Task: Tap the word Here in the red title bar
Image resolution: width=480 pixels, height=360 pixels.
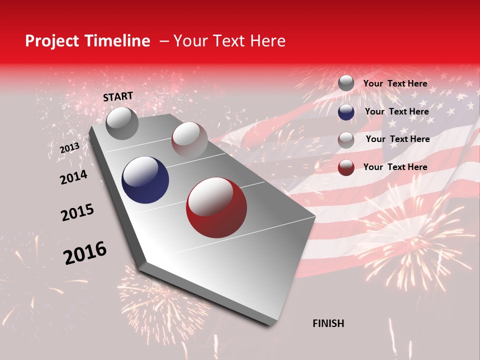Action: tap(267, 41)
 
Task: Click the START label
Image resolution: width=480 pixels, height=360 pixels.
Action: tap(118, 96)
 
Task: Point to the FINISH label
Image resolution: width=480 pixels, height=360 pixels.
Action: tap(328, 323)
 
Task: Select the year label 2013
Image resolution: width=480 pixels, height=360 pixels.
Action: tap(69, 148)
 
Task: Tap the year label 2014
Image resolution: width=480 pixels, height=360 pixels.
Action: tap(73, 177)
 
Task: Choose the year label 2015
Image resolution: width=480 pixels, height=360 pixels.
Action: tap(77, 212)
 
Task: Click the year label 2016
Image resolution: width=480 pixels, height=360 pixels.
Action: tap(85, 253)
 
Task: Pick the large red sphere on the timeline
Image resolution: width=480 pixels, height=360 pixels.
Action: tap(216, 207)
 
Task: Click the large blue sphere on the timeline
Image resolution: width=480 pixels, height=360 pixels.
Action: tap(145, 180)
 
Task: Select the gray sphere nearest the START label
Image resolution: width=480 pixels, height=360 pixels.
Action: tap(122, 123)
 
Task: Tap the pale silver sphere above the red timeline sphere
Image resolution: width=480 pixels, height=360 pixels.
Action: tap(189, 139)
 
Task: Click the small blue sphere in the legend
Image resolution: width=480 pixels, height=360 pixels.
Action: tap(346, 112)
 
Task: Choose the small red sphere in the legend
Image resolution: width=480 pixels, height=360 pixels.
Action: tap(346, 167)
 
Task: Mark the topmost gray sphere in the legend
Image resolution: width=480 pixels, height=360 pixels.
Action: tap(346, 83)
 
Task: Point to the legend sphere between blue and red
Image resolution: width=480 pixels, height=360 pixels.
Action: tap(346, 140)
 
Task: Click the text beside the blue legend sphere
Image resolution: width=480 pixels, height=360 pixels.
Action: tap(396, 111)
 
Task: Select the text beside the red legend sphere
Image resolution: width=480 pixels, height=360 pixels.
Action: tap(395, 167)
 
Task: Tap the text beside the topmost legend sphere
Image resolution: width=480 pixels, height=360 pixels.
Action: tap(395, 83)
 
